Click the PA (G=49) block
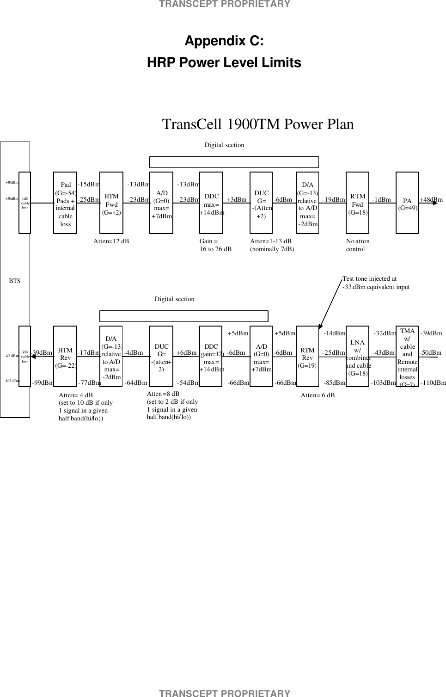pos(407,203)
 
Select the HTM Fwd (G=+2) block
pos(111,203)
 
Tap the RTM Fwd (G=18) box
pos(357,203)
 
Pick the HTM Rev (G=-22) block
pos(65,356)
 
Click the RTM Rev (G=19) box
pos(307,356)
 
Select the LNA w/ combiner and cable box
pos(357,356)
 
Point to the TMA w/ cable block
pos(407,356)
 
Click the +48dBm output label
pos(431,200)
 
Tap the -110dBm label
pos(433,383)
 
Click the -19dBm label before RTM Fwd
pos(333,200)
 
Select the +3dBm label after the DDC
pos(237,200)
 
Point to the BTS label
pos(15,281)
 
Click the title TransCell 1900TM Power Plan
pos(258,124)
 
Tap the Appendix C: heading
pos(224,41)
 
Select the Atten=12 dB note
pos(111,241)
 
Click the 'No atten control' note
pos(357,245)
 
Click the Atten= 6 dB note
pos(318,395)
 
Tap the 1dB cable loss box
pos(25,203)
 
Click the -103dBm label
pos(383,383)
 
